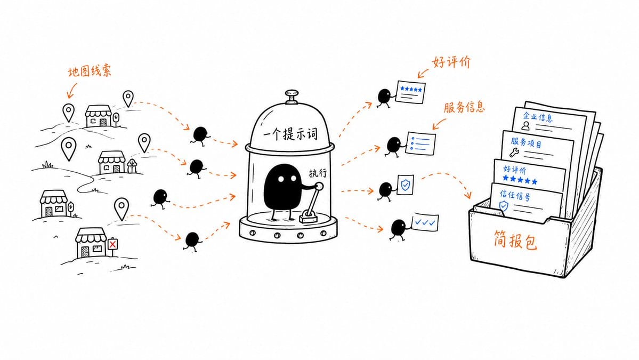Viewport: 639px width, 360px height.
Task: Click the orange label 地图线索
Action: (89, 72)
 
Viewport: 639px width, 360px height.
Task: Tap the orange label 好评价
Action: (451, 62)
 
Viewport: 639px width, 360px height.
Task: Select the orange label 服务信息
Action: (464, 107)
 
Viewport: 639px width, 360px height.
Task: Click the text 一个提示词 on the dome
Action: (290, 133)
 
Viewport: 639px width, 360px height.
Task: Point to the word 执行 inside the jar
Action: (318, 173)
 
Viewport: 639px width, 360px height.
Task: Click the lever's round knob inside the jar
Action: (320, 187)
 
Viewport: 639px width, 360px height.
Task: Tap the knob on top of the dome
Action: (292, 94)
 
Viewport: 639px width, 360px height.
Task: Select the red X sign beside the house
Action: (112, 244)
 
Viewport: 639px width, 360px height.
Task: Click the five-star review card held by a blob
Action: (411, 92)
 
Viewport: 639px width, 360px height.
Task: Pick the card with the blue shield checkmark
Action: (405, 185)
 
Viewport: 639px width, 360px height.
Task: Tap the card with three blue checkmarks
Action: (425, 222)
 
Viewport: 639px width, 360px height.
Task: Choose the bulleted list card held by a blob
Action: (420, 143)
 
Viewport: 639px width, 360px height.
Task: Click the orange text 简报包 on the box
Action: (515, 240)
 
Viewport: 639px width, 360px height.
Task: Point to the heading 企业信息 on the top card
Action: (538, 117)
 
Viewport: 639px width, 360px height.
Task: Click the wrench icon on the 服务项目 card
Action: (514, 153)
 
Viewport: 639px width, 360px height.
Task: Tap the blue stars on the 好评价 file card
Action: (520, 179)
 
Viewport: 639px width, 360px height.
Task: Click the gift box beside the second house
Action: (132, 166)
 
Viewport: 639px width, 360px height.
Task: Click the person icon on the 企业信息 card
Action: (525, 126)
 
